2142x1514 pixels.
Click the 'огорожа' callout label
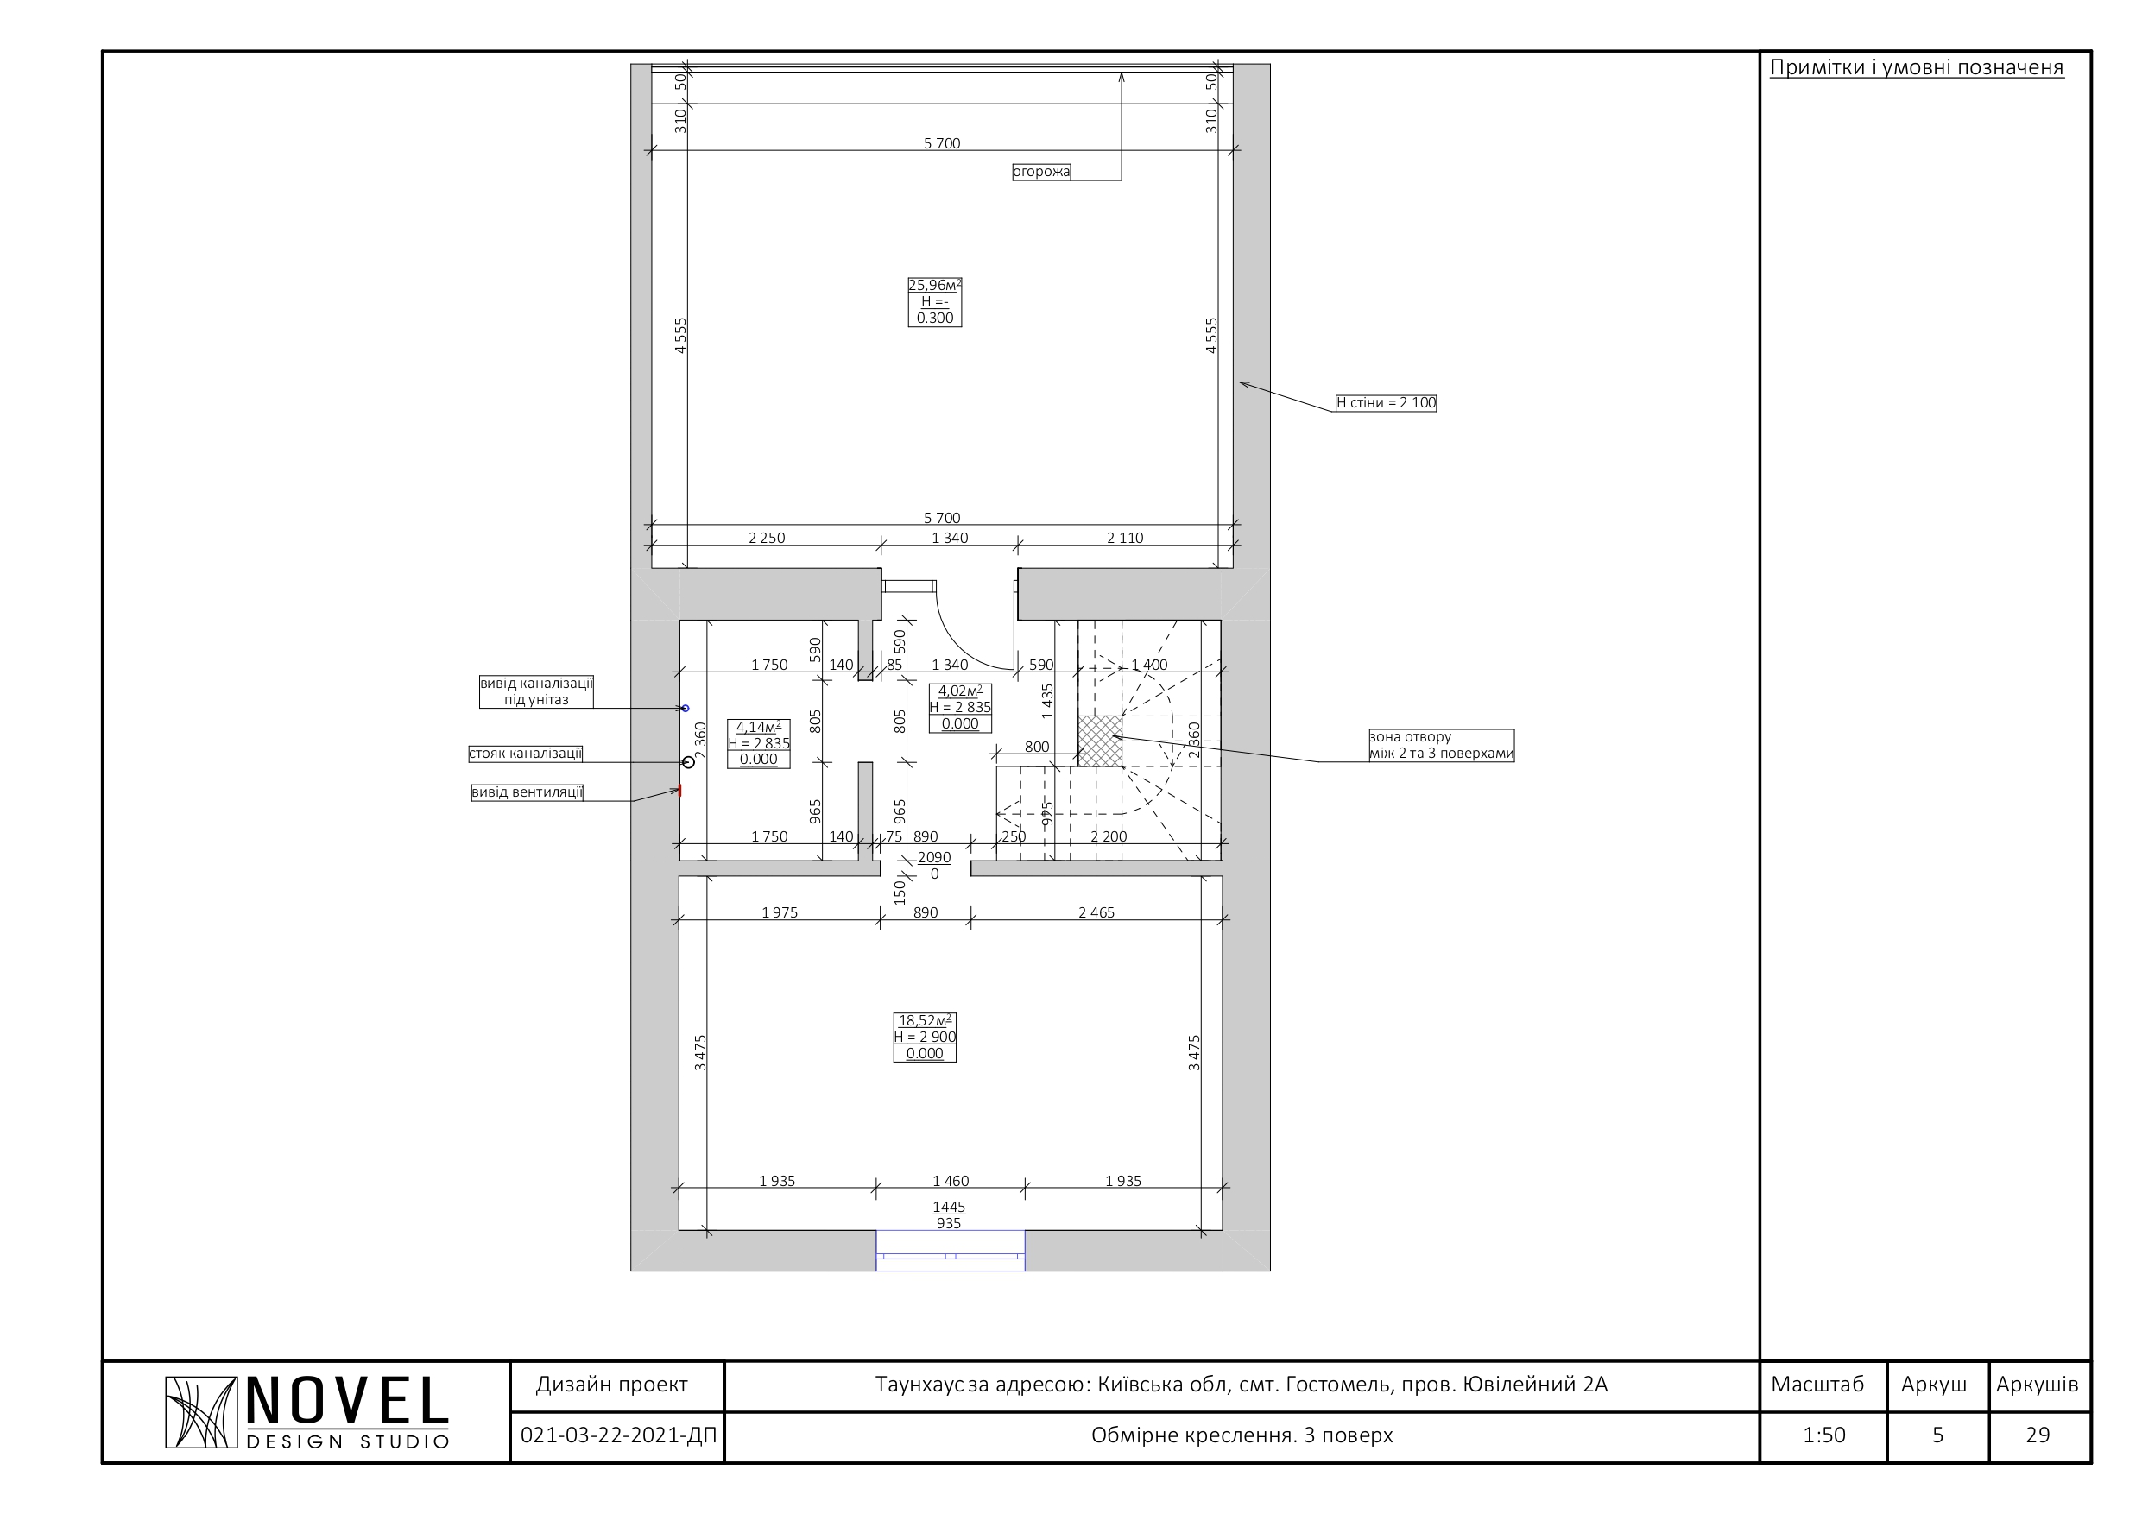pos(1041,172)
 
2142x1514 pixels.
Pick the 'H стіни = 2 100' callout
pos(1386,403)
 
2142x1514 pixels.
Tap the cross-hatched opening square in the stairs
pos(1100,741)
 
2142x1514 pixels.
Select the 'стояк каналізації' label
pos(525,754)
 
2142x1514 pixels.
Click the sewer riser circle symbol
pos(688,762)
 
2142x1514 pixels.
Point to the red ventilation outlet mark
pos(680,791)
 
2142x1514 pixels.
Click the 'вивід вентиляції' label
pos(528,793)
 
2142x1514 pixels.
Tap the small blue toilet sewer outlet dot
pos(686,709)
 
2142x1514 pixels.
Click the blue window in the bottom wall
pos(951,1251)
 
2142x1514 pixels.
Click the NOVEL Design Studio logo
pos(308,1413)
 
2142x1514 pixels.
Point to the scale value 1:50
pos(1824,1435)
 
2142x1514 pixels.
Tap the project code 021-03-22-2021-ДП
pos(618,1435)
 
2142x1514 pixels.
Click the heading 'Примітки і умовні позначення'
pos(1918,67)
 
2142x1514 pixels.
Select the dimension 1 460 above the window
pos(951,1181)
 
